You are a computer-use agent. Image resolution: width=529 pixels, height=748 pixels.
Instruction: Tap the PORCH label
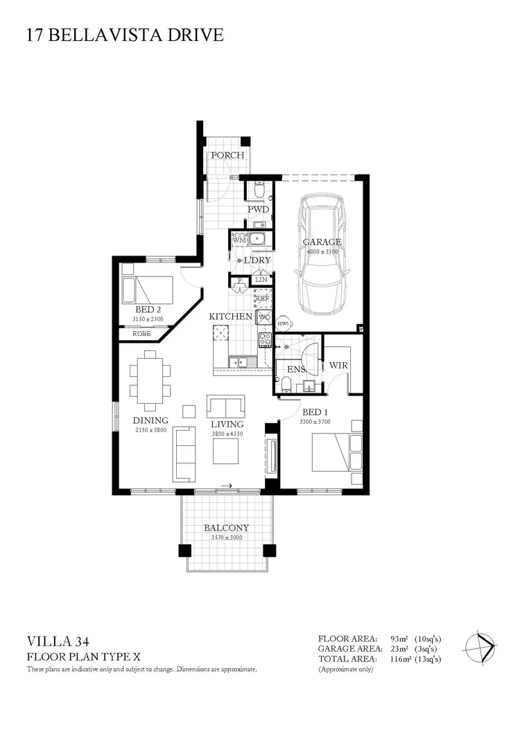coord(227,155)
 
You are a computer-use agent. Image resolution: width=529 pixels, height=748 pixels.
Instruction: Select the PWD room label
coord(258,209)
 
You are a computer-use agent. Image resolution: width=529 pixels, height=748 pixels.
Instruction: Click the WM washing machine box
coord(239,240)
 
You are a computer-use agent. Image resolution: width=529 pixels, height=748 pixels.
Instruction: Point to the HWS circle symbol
coord(283,323)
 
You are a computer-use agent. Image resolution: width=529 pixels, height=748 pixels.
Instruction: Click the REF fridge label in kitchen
coord(262,299)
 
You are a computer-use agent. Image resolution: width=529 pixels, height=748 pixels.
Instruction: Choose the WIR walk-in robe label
coord(338,365)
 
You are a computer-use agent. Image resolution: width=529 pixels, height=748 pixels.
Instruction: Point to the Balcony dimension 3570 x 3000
coord(226,537)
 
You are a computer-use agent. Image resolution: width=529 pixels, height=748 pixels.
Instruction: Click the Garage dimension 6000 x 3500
coord(322,252)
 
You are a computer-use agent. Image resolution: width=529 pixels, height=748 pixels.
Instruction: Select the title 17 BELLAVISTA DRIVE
coord(125,35)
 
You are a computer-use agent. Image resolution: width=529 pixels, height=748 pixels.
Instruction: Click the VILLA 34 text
coord(58,642)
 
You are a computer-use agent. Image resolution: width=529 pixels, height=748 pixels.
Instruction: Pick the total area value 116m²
coord(401,659)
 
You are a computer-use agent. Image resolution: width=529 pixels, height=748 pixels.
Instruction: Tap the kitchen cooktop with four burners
coord(265,339)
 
